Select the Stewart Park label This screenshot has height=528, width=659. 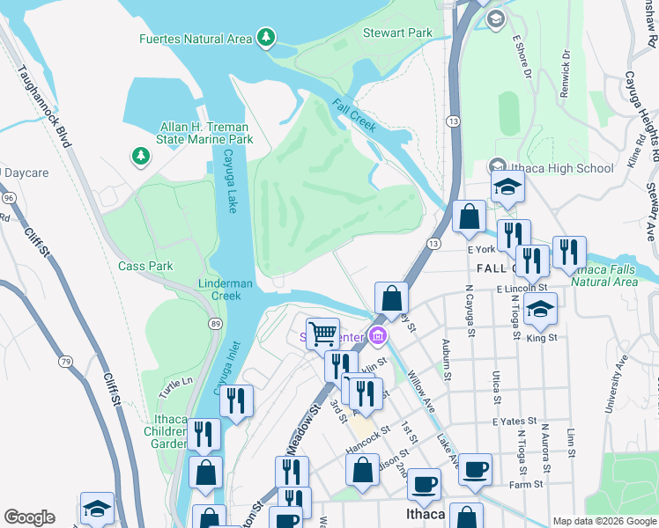pyautogui.click(x=397, y=33)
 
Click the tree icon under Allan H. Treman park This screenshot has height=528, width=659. pyautogui.click(x=140, y=156)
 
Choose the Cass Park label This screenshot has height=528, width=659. pyautogui.click(x=146, y=266)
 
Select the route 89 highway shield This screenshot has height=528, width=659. pyautogui.click(x=215, y=325)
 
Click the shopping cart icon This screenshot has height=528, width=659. pyautogui.click(x=323, y=333)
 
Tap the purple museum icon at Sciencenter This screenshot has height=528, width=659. pyautogui.click(x=378, y=335)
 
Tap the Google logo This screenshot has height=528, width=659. pyautogui.click(x=29, y=517)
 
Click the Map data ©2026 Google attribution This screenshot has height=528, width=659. pyautogui.click(x=603, y=521)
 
